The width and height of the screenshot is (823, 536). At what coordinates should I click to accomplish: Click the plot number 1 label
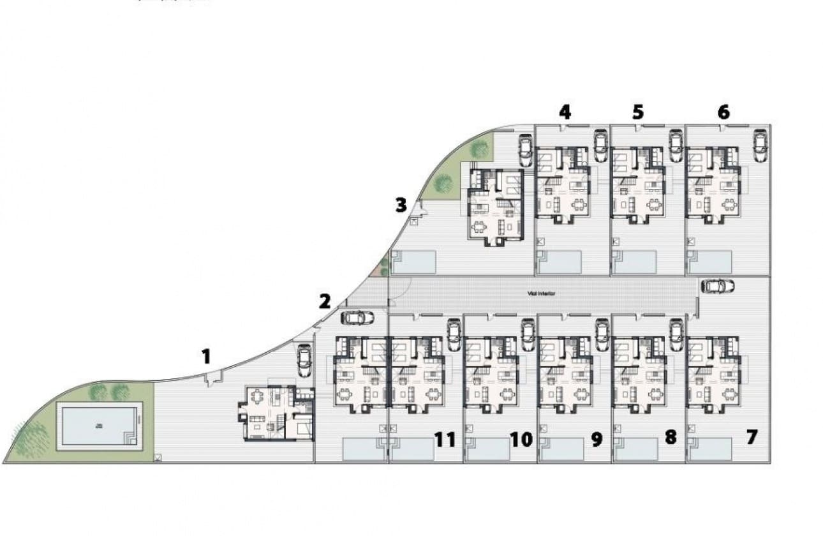tap(205, 356)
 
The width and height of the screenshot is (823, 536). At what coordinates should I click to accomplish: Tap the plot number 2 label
tap(325, 301)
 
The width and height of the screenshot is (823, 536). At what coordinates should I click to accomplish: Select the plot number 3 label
tap(401, 205)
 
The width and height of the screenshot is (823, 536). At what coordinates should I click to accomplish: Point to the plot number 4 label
tap(565, 112)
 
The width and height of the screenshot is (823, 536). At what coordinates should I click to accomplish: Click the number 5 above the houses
tap(638, 112)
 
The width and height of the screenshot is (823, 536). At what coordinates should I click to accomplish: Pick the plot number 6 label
tap(723, 112)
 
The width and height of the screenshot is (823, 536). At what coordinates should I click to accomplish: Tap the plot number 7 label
tap(752, 438)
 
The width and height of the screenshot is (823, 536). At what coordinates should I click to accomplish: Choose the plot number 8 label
tap(670, 438)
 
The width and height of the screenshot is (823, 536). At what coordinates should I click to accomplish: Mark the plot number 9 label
tap(597, 439)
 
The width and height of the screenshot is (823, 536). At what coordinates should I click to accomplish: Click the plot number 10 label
tap(521, 439)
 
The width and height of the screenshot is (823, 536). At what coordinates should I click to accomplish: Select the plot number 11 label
tap(445, 439)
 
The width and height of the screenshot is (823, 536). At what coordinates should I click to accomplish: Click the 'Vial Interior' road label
tap(541, 294)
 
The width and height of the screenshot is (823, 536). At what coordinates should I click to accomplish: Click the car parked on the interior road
tap(717, 287)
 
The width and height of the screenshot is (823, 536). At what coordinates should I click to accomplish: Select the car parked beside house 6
tap(760, 145)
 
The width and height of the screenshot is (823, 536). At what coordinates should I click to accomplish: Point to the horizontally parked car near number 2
tap(357, 317)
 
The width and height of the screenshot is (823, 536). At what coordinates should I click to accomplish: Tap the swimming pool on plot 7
tap(711, 449)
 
